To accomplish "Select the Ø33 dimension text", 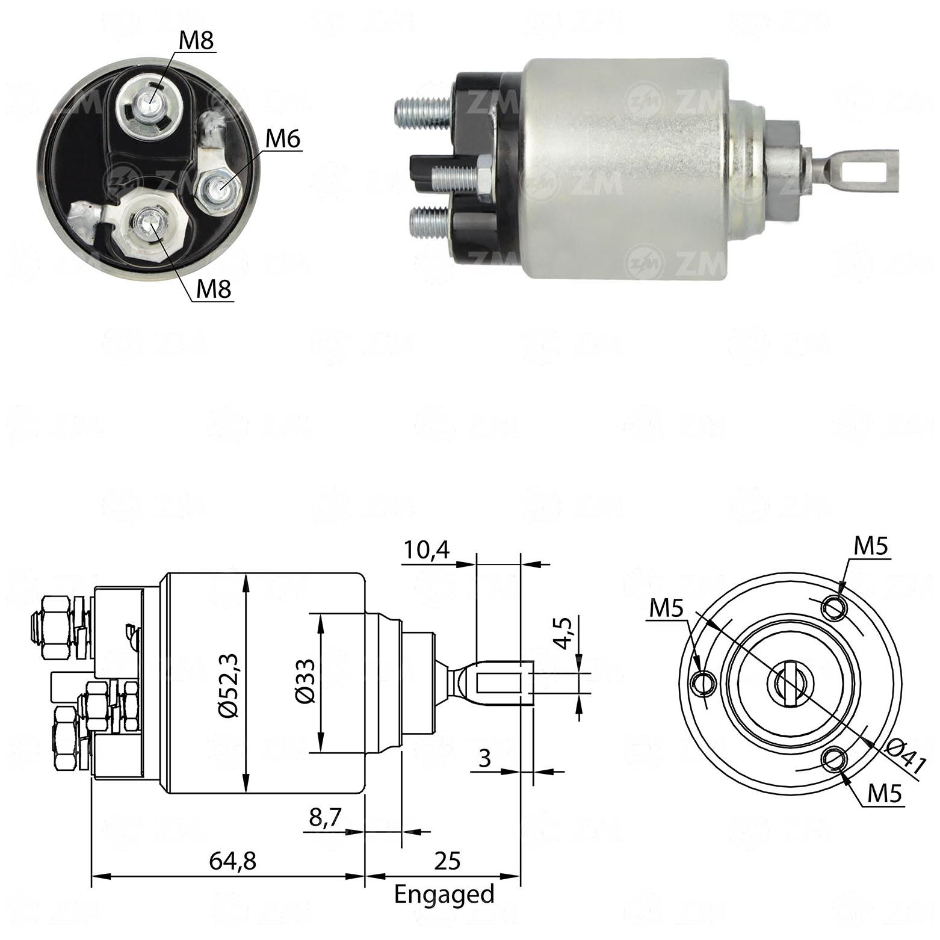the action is tap(305, 681).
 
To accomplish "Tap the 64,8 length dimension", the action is tap(232, 861).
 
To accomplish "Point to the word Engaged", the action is tap(444, 895).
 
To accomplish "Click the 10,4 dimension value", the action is tap(426, 550).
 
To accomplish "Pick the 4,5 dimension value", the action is tap(563, 632).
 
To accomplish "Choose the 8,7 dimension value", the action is tap(325, 817).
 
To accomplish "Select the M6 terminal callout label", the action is tap(282, 139).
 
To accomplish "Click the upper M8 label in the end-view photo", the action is tap(197, 41).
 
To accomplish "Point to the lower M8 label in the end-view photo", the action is tap(214, 290).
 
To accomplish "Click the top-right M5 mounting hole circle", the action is tap(835, 607).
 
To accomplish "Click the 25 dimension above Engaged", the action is tap(447, 861).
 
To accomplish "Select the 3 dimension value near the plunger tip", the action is tap(484, 759).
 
